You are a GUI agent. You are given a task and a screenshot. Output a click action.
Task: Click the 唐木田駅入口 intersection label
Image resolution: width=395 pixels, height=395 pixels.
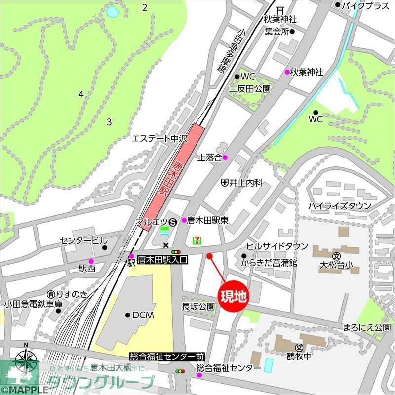[162, 258]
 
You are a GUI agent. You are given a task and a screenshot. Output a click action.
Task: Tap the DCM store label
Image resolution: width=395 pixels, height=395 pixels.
[143, 315]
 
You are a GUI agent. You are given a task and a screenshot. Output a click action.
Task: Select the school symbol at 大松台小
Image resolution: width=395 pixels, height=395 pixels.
[336, 256]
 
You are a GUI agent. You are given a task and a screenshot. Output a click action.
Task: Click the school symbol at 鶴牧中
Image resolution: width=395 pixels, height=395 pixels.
[299, 347]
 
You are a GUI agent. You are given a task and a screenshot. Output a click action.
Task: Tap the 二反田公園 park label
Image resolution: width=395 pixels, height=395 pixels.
[249, 89]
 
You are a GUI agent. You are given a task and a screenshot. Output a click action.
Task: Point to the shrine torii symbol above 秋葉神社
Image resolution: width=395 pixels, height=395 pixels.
[280, 9]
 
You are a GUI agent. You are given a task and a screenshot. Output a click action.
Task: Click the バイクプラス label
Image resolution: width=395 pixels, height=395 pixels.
[366, 5]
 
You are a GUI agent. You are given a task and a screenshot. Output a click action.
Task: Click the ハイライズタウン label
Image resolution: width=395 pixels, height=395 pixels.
[339, 206]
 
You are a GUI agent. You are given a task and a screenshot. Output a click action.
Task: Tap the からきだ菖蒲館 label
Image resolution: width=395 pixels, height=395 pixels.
[269, 263]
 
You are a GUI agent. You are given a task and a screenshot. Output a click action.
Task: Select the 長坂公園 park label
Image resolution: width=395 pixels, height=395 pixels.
[198, 307]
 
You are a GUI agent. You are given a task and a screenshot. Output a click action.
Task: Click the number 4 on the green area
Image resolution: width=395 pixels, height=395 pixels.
[81, 94]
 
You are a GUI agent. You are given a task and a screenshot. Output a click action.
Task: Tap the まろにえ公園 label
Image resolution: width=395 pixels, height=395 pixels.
[367, 327]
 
